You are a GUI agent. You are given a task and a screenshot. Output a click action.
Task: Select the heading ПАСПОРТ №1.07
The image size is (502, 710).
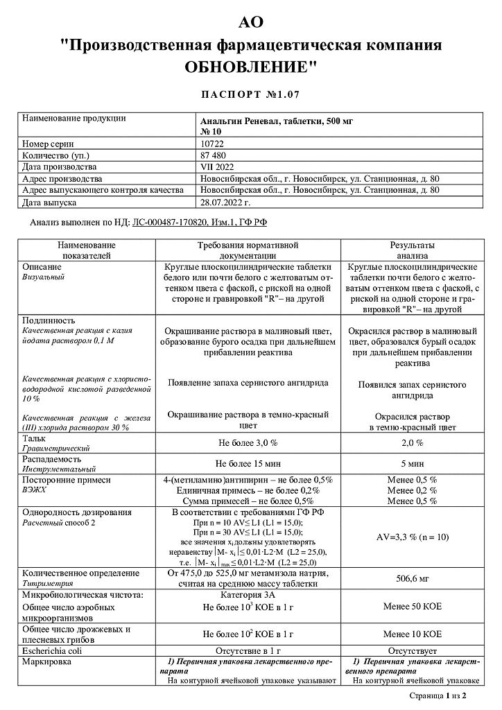pyautogui.click(x=250, y=94)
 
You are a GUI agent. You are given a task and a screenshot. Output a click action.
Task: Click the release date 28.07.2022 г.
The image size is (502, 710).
pyautogui.click(x=225, y=202)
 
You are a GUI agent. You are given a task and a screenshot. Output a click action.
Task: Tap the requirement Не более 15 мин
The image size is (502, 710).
pyautogui.click(x=248, y=463)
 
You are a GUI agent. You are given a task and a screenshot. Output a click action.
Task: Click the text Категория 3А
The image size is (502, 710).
pyautogui.click(x=248, y=594)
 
